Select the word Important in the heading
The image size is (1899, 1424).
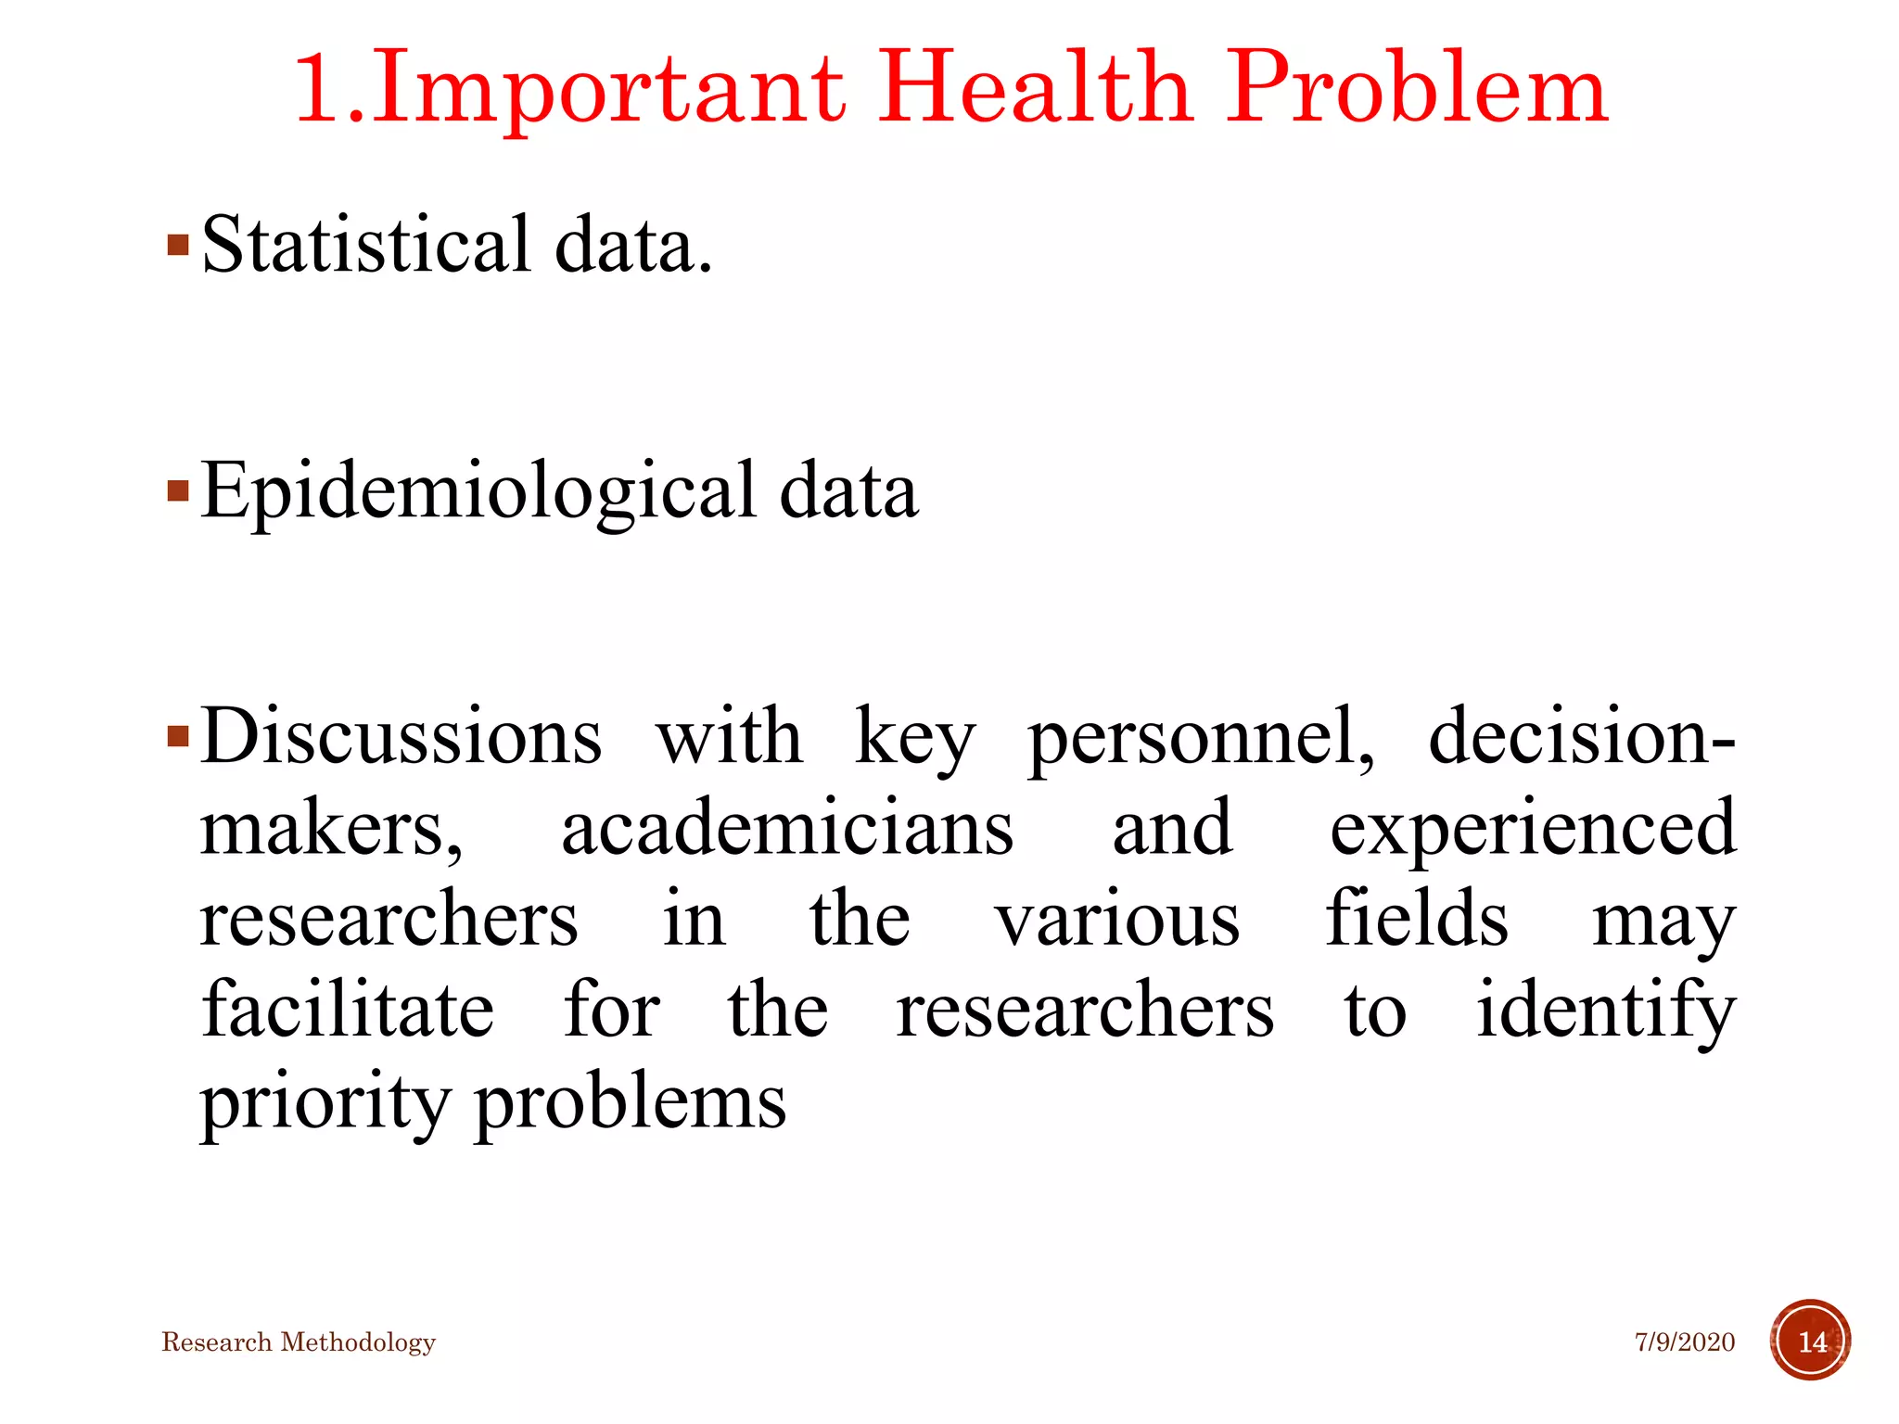[x=608, y=90]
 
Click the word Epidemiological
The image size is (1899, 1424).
[x=478, y=491]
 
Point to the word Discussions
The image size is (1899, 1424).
[x=401, y=737]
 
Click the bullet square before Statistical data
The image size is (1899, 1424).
[x=178, y=246]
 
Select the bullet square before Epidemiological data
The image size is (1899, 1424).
[x=178, y=490]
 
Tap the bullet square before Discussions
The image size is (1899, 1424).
[x=178, y=738]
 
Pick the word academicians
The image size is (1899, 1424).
[x=787, y=828]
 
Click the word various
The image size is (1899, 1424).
[x=1117, y=919]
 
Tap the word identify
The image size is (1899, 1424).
[x=1605, y=1011]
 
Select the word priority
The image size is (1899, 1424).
[x=325, y=1103]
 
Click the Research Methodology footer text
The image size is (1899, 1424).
[x=299, y=1342]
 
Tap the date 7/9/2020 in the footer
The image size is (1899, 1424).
[x=1684, y=1342]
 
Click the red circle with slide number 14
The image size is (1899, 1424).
[x=1810, y=1341]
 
